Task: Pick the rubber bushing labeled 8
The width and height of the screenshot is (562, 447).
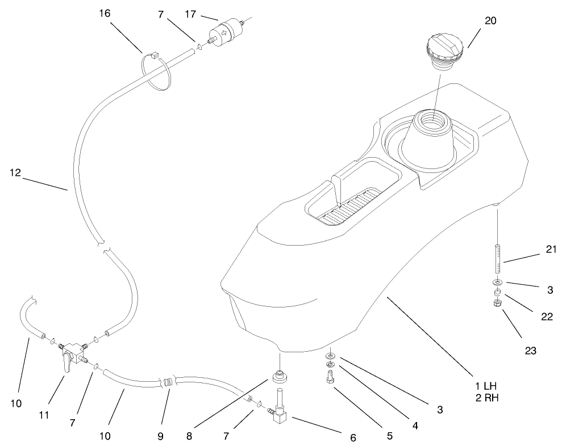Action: pos(280,376)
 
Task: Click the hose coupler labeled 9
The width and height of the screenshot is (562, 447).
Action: pos(167,383)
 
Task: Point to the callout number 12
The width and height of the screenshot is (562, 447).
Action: pos(14,173)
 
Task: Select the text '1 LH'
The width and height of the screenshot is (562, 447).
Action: pos(486,386)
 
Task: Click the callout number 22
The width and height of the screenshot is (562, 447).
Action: pos(547,317)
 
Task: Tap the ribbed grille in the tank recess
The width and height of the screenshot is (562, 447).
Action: pos(348,204)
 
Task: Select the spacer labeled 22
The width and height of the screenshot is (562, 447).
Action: pos(497,293)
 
